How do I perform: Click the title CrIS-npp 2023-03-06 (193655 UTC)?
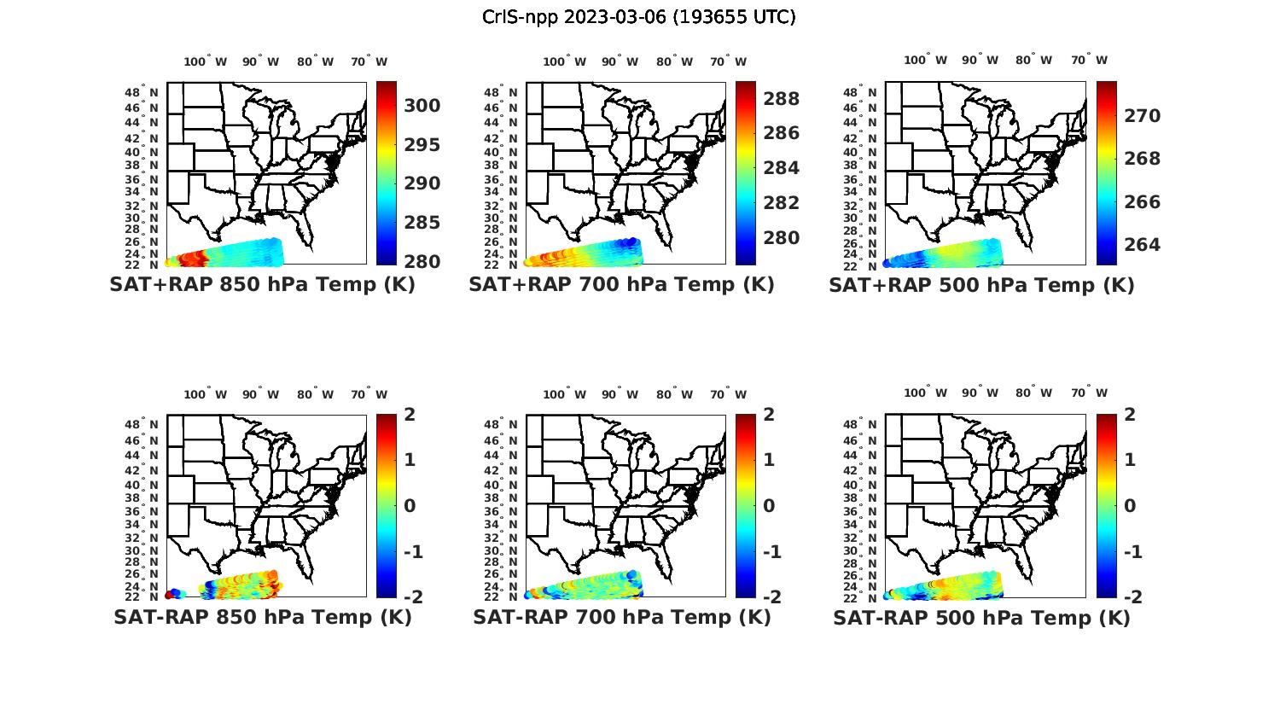[x=638, y=17]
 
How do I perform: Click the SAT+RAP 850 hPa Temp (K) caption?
[x=262, y=284]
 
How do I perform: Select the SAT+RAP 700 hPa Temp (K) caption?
[x=621, y=284]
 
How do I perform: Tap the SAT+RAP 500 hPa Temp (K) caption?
[x=981, y=285]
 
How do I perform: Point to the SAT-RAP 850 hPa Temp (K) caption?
[x=262, y=617]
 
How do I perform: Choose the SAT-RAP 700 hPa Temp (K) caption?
[x=621, y=617]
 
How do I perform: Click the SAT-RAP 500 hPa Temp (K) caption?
[x=981, y=618]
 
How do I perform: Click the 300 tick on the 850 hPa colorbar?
[x=422, y=106]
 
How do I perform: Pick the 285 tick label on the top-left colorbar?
[x=422, y=223]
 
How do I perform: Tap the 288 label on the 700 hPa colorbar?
[x=782, y=99]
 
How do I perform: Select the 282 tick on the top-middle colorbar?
[x=782, y=203]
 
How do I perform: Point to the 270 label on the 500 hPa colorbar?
[x=1143, y=116]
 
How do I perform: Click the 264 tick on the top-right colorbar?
[x=1143, y=245]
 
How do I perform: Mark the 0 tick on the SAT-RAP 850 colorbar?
[x=410, y=505]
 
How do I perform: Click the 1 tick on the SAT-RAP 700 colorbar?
[x=770, y=460]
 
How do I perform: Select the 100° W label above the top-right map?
[x=926, y=60]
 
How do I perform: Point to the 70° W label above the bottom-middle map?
[x=728, y=394]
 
